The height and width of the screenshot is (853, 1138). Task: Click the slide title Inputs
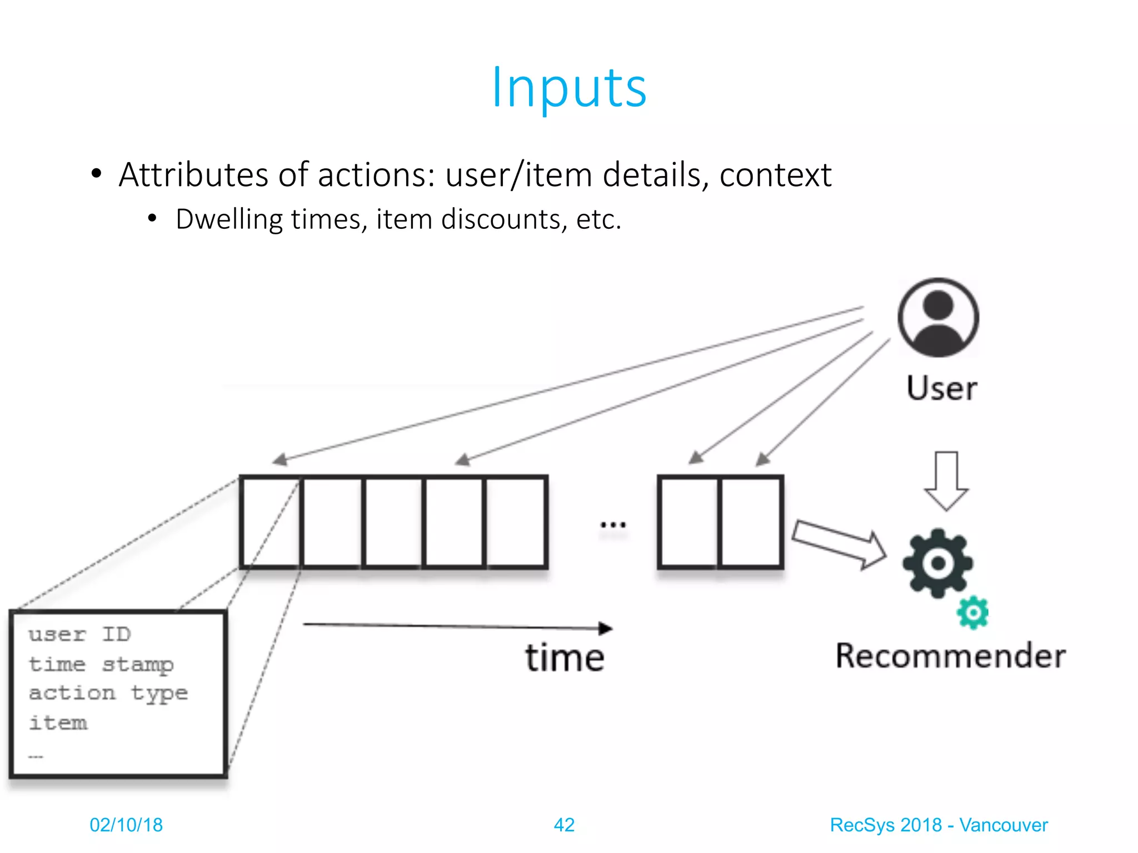tap(569, 88)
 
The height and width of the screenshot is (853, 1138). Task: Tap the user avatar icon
tap(939, 318)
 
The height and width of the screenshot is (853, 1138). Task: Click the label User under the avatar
tap(942, 388)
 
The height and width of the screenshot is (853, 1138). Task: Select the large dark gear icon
tap(938, 563)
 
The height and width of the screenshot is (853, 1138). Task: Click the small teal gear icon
tap(973, 613)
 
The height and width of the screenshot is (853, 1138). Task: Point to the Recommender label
tap(951, 656)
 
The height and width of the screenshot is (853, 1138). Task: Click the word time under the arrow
tap(565, 658)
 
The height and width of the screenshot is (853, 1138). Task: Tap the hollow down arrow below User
tap(946, 480)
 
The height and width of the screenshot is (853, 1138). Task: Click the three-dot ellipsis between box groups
tap(613, 524)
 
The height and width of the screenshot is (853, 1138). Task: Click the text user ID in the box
tap(79, 634)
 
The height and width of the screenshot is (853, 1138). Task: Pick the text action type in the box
tap(108, 694)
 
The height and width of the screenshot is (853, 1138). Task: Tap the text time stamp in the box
tap(101, 664)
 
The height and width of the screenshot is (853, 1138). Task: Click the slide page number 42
tap(564, 825)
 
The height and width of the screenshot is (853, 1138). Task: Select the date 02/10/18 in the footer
tap(126, 825)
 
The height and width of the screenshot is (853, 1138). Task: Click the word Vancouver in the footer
tap(1004, 825)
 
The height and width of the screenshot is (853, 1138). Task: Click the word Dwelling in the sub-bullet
tap(229, 219)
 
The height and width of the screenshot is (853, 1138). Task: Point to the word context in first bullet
tap(775, 175)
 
